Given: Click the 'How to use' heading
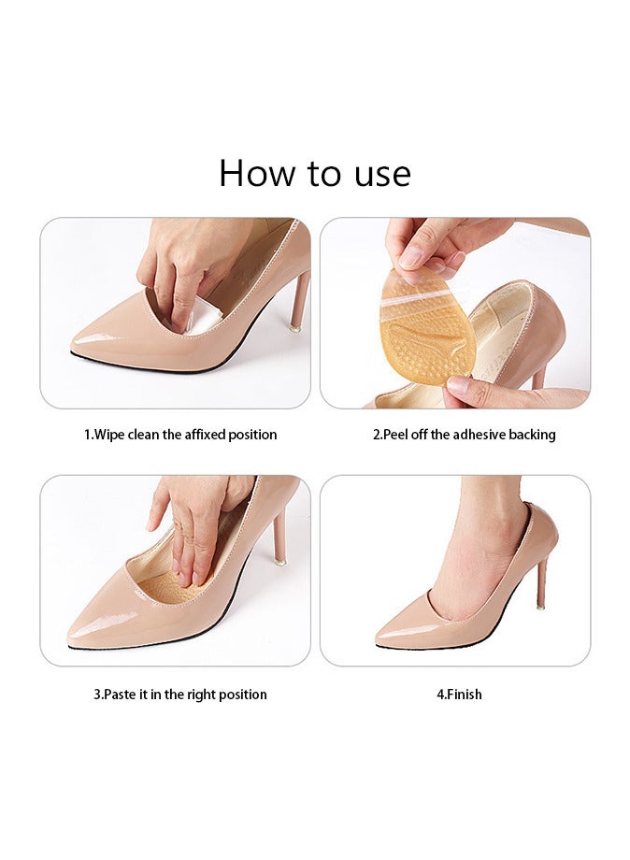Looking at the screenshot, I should tap(315, 174).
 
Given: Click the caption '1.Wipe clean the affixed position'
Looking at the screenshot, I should tap(180, 435).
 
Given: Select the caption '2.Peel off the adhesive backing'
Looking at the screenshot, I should tap(464, 435).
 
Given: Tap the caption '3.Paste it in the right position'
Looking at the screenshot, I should tap(179, 695).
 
